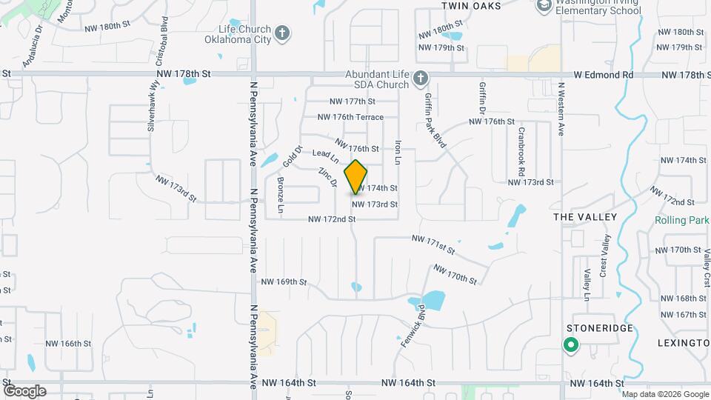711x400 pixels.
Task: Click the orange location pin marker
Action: pos(356,176)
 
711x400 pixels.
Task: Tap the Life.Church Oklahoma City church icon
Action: pos(281,33)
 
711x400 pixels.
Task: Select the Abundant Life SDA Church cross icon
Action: pos(420,77)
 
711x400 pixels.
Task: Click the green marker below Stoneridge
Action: pos(570,344)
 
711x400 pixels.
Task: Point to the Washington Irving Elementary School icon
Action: pos(544,6)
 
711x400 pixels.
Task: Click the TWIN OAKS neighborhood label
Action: pos(471,6)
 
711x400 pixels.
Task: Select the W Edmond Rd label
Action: pos(604,75)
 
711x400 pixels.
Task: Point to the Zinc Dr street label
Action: pos(328,177)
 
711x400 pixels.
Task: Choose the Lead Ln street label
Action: pos(325,156)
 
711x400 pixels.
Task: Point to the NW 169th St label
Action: pos(284,281)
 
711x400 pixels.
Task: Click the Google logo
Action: pos(24,390)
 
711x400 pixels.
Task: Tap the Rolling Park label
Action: pos(681,221)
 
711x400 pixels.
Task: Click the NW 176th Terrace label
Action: pos(350,117)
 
